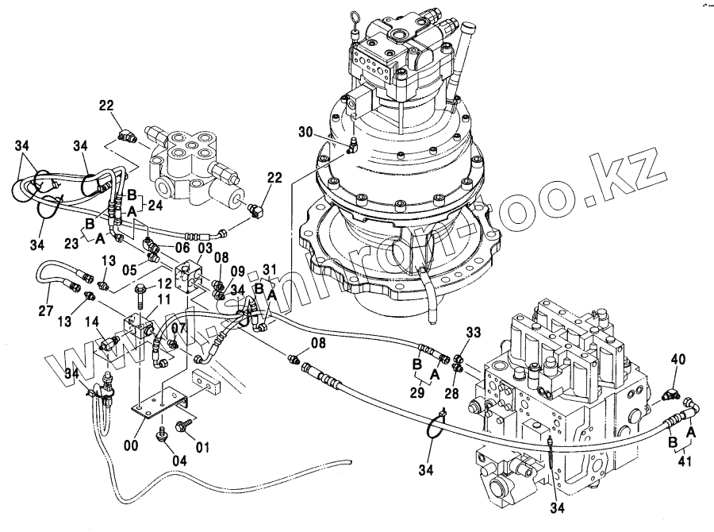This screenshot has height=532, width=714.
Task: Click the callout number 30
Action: tap(306, 132)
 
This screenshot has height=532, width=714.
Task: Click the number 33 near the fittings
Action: tap(474, 333)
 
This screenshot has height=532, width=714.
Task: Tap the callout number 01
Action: tap(202, 448)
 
